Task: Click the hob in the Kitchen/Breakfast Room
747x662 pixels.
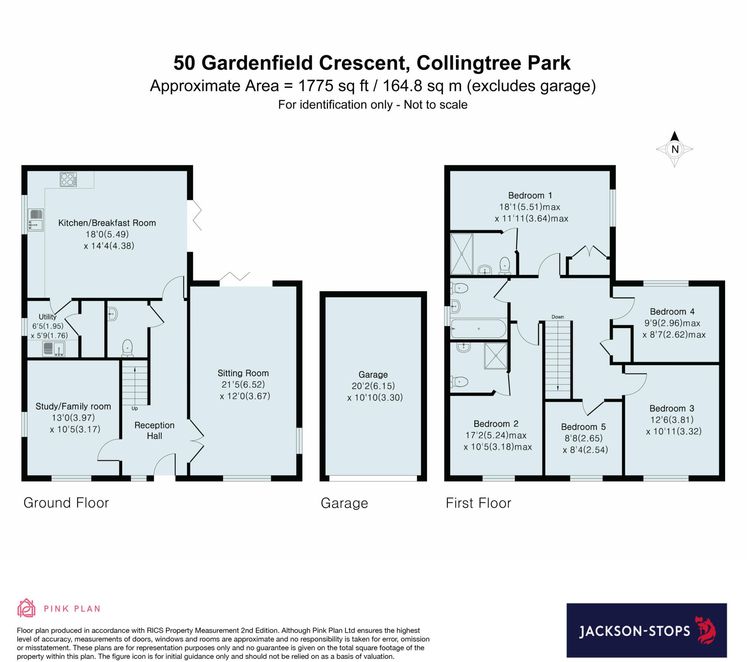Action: point(68,179)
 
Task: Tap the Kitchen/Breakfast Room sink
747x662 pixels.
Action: point(36,220)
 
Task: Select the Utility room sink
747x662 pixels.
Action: point(54,349)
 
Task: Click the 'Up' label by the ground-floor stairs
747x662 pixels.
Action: point(135,408)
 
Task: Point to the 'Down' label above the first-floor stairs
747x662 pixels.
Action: point(558,317)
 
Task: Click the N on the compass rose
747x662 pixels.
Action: point(675,149)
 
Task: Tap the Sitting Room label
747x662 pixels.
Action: point(243,373)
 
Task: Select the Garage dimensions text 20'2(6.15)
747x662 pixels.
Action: point(373,386)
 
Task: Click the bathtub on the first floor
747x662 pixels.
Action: point(479,328)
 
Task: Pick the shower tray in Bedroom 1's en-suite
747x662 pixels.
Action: point(461,254)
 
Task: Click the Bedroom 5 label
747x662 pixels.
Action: point(583,427)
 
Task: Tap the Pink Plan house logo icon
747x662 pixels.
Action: point(26,609)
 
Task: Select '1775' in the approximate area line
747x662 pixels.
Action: point(316,86)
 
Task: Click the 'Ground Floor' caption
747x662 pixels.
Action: point(66,503)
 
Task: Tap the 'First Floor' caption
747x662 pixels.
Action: point(479,503)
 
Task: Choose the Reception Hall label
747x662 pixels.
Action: point(154,431)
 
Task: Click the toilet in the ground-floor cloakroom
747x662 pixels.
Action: point(127,348)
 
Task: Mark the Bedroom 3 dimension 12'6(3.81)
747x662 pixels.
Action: point(672,420)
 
